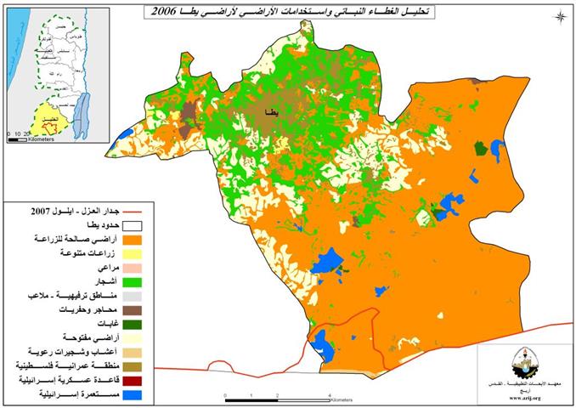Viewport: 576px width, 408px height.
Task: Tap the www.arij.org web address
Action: click(526, 397)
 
